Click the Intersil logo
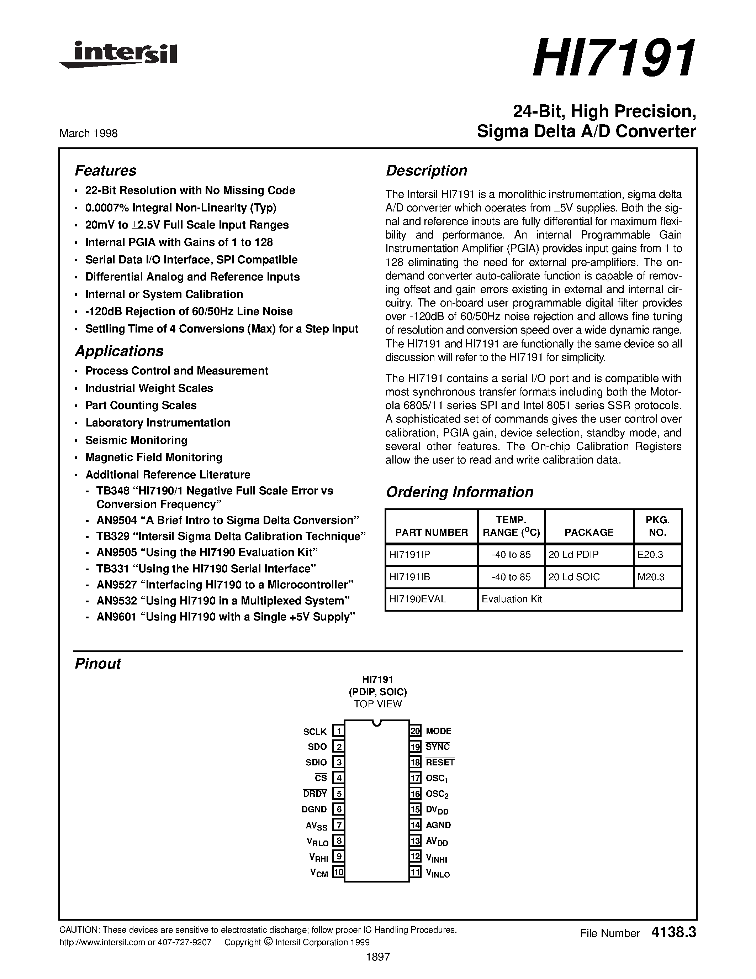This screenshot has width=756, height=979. coord(119,56)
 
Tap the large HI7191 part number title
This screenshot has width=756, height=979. coord(614,59)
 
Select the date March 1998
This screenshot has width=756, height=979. coord(88,133)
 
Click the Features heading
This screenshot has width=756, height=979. coord(105,171)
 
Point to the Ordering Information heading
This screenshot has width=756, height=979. coord(460,492)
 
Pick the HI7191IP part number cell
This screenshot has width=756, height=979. coord(409,555)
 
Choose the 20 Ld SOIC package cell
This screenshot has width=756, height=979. coord(574,577)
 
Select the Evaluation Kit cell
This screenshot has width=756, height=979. coord(512,599)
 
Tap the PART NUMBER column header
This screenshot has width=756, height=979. coord(431,532)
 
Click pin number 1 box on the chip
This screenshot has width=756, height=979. coord(338,732)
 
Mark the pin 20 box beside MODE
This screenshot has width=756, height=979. coord(415,731)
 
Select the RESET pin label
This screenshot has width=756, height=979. coord(440,762)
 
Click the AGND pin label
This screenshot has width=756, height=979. coord(438,825)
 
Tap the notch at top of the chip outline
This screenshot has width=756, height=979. coord(377,723)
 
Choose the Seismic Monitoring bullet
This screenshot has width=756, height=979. coord(136,440)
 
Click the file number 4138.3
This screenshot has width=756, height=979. coord(673,933)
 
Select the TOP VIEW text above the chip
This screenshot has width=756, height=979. coord(377,704)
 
